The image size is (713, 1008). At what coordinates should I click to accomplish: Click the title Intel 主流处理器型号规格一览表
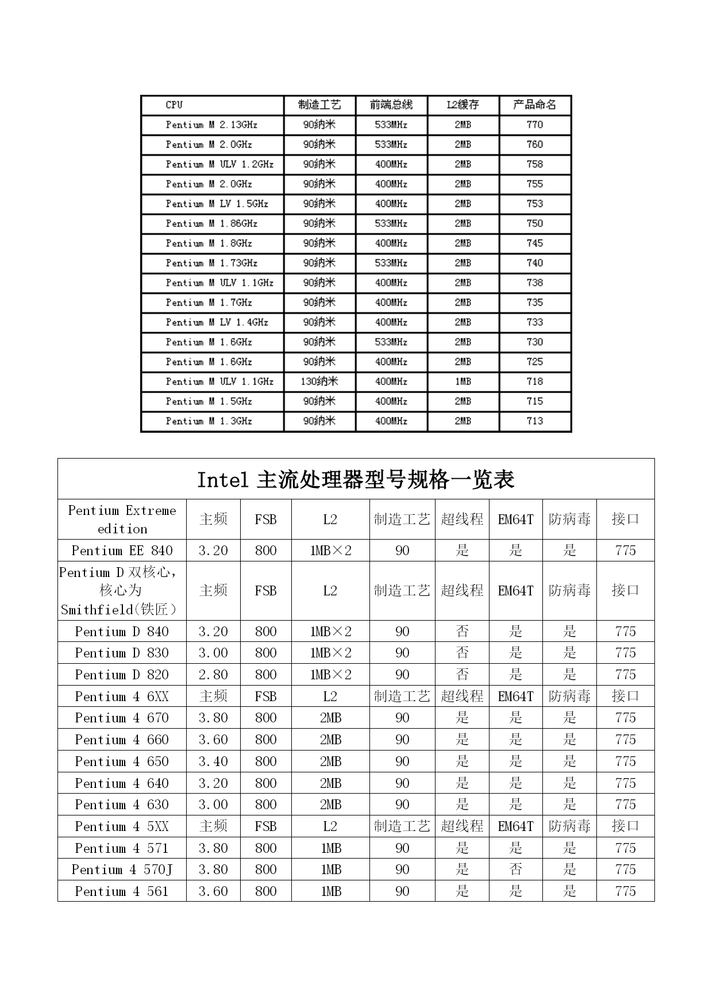pyautogui.click(x=356, y=479)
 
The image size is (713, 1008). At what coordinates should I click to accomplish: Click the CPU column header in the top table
pyautogui.click(x=174, y=105)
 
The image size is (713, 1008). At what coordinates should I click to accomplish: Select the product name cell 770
pyautogui.click(x=534, y=125)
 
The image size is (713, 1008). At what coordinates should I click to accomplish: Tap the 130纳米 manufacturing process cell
pyautogui.click(x=319, y=382)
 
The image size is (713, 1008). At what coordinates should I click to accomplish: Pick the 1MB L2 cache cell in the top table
pyautogui.click(x=463, y=382)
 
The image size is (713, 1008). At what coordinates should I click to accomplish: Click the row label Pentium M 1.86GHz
pyautogui.click(x=211, y=224)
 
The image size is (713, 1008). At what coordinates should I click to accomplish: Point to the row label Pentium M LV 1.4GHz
pyautogui.click(x=217, y=322)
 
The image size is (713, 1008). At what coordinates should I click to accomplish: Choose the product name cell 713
pyautogui.click(x=534, y=421)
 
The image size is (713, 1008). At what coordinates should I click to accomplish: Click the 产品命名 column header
pyautogui.click(x=534, y=105)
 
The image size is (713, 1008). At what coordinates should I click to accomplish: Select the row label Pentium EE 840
pyautogui.click(x=122, y=551)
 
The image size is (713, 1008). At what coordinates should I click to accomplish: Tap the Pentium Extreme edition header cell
pyautogui.click(x=122, y=520)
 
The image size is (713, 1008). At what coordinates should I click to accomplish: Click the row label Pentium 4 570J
pyautogui.click(x=122, y=870)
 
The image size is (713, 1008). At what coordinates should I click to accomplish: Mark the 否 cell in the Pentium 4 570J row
pyautogui.click(x=515, y=870)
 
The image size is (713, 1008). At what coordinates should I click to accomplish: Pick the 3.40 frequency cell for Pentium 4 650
pyautogui.click(x=213, y=761)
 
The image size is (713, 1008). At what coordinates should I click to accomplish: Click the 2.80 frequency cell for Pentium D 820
pyautogui.click(x=213, y=675)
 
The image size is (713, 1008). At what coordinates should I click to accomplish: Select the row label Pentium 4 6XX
pyautogui.click(x=122, y=697)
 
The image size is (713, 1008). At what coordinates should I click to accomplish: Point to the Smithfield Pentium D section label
pyautogui.click(x=122, y=591)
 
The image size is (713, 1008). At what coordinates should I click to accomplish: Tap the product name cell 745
pyautogui.click(x=534, y=243)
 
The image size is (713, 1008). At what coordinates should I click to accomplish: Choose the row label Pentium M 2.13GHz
pyautogui.click(x=211, y=125)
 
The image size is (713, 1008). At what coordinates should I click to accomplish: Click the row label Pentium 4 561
pyautogui.click(x=122, y=891)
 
